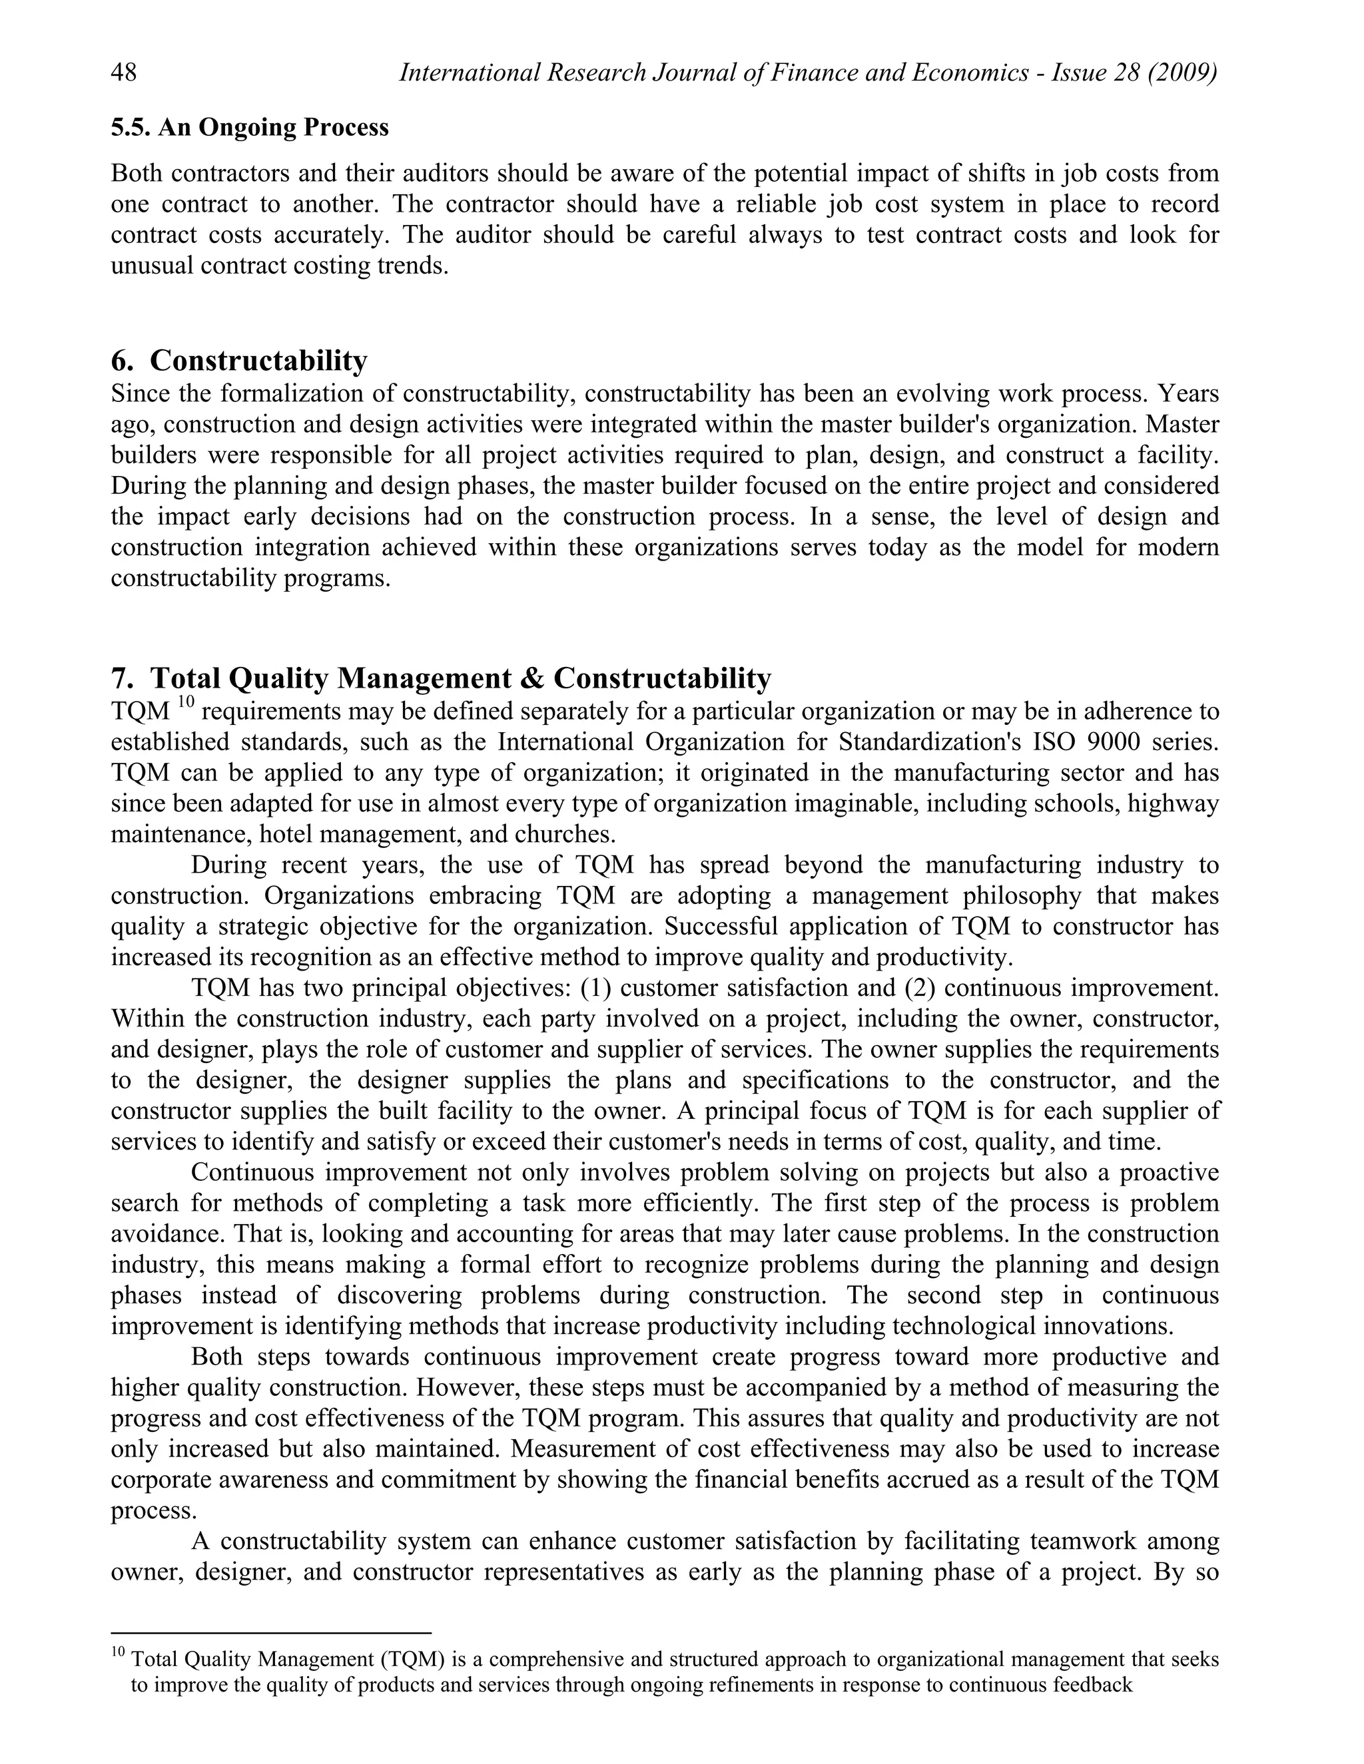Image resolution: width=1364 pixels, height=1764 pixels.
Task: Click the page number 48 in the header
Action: click(124, 73)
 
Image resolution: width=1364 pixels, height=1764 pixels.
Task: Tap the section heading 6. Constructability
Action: click(239, 360)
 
